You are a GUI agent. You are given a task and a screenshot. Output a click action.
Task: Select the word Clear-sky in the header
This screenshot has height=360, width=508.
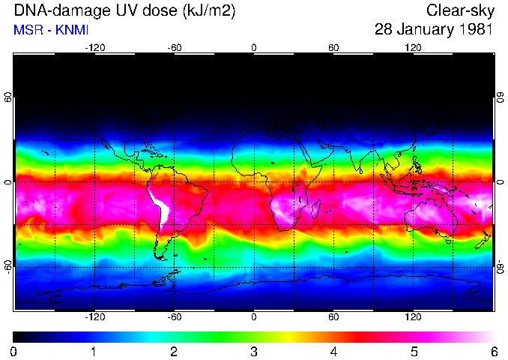point(459,10)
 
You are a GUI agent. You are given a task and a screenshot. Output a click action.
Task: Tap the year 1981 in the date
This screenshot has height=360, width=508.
point(474,30)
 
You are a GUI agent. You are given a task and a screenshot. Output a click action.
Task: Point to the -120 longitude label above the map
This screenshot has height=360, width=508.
point(94,47)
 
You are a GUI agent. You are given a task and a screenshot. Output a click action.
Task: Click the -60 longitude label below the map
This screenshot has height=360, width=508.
point(174,317)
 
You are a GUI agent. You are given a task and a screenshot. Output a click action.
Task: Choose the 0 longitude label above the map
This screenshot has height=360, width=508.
point(254,47)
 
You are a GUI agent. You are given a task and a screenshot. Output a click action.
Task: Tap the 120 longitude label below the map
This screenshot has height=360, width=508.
point(413,317)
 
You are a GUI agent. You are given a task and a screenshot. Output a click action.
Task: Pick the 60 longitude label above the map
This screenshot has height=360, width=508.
point(333,47)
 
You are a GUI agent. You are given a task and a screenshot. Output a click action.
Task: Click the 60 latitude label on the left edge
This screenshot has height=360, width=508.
point(8,99)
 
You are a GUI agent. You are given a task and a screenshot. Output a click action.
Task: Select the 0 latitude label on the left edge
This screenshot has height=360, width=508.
point(8,182)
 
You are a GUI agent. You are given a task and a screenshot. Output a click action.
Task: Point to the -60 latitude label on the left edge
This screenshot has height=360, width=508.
point(8,266)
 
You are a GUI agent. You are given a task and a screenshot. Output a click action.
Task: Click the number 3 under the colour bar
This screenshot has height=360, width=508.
point(254,351)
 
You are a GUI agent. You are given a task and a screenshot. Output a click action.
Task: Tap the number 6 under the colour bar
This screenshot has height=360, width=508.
point(493,351)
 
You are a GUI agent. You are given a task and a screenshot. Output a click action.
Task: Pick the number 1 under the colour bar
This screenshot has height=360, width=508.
point(94,351)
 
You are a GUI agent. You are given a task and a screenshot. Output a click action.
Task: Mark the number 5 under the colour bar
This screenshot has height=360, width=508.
point(414,351)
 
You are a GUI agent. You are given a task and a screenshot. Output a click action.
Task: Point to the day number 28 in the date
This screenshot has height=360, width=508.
point(384,30)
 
